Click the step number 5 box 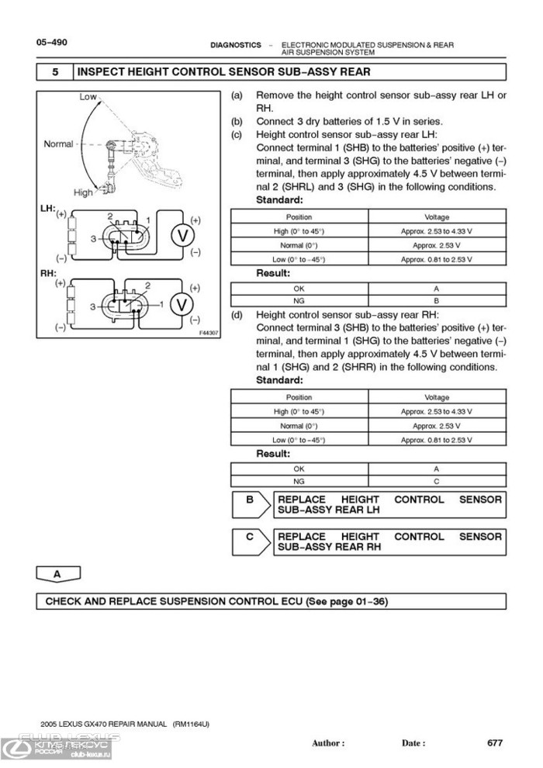(x=55, y=72)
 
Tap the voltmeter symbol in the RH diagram (x=182, y=304)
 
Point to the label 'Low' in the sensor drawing (x=88, y=97)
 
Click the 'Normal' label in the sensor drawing (x=58, y=144)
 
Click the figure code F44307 (x=209, y=332)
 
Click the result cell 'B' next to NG (x=437, y=299)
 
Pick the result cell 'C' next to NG (x=437, y=481)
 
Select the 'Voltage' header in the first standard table (x=437, y=217)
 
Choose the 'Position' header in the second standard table (x=299, y=398)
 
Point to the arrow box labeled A (x=58, y=575)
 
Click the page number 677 (x=495, y=742)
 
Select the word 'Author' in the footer (x=327, y=743)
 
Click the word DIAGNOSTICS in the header (x=236, y=46)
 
